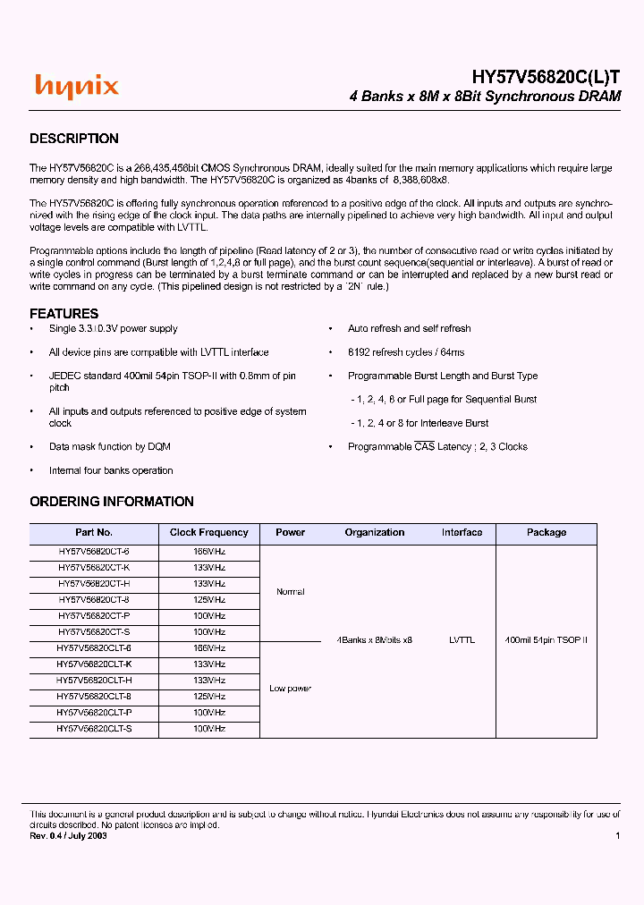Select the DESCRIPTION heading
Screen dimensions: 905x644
pos(74,139)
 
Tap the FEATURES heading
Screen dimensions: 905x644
pos(64,314)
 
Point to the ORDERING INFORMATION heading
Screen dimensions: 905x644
pos(112,502)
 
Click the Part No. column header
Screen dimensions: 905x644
pos(94,532)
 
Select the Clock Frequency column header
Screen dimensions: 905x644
pos(209,532)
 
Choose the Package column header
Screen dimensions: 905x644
pos(546,532)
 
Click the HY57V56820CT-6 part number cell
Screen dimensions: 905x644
pos(94,552)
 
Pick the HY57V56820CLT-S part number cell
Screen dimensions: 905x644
pos(94,729)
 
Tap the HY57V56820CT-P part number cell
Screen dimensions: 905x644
pos(94,616)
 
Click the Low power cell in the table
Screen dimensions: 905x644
pos(291,689)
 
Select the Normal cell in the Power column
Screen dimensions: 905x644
pos(291,592)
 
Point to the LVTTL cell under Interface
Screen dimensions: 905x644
pos(462,640)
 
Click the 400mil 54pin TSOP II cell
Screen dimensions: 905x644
pos(546,640)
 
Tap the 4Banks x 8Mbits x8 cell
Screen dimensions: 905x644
pos(375,640)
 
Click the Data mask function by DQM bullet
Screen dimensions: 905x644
pos(109,446)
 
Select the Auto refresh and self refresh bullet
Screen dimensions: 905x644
pos(409,329)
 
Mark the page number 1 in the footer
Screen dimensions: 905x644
pos(617,835)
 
